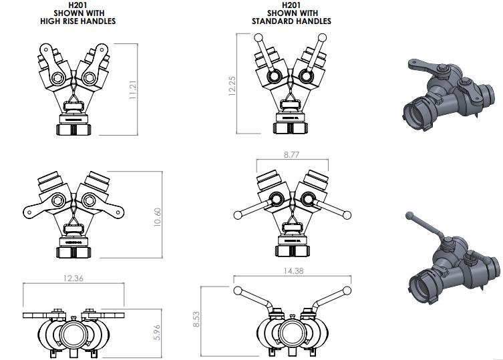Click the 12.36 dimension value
(73, 278)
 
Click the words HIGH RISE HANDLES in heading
(78, 21)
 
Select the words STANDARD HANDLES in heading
(291, 21)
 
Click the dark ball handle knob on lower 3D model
(409, 216)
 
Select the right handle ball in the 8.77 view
(347, 215)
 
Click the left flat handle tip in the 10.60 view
(29, 212)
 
